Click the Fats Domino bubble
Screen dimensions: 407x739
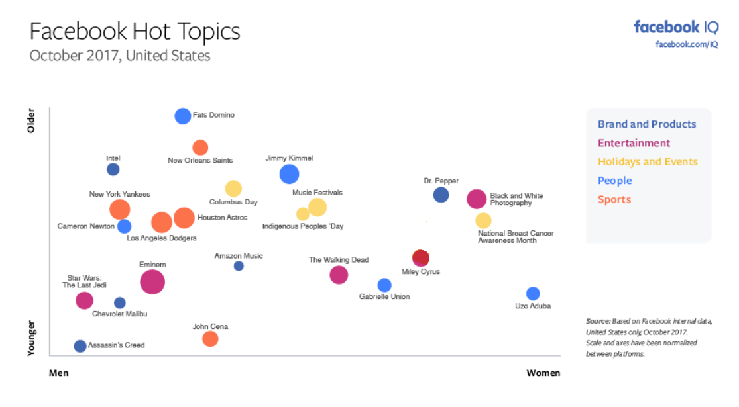click(183, 116)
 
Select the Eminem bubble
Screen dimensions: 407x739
click(152, 282)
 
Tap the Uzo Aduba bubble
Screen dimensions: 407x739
click(533, 294)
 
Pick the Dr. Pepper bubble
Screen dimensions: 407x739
click(441, 195)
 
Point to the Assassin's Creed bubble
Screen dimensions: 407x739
click(80, 346)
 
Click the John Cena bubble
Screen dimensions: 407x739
click(210, 339)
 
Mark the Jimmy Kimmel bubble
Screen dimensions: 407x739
click(289, 174)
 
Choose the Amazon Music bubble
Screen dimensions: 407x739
click(239, 266)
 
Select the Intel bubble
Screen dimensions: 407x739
click(113, 169)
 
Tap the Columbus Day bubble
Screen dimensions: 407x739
click(233, 189)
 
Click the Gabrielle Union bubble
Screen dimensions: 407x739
click(384, 285)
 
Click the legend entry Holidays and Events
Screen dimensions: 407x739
click(648, 162)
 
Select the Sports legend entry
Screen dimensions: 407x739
click(614, 200)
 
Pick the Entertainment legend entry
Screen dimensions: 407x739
click(634, 143)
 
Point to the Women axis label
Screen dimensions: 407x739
click(543, 373)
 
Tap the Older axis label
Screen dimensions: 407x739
click(31, 120)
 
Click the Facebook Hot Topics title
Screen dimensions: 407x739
click(135, 31)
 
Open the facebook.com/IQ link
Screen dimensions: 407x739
click(687, 44)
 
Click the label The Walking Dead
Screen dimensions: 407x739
click(339, 260)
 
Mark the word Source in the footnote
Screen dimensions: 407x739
click(598, 321)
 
